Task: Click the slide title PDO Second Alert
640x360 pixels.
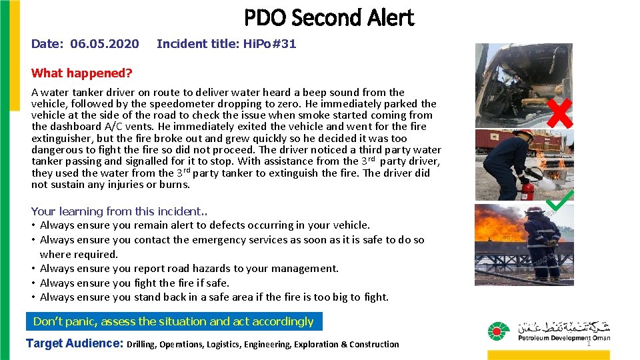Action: point(329,18)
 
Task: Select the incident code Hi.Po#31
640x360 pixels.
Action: point(271,44)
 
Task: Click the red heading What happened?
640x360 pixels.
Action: point(82,73)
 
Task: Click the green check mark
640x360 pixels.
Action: point(560,198)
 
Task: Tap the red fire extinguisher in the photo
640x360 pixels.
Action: point(527,190)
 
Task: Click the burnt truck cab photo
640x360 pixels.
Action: point(523,85)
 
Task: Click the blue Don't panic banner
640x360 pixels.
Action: point(173,321)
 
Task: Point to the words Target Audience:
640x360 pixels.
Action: point(74,344)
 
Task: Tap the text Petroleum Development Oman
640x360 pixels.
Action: point(563,338)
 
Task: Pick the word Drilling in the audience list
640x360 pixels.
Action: point(141,345)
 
